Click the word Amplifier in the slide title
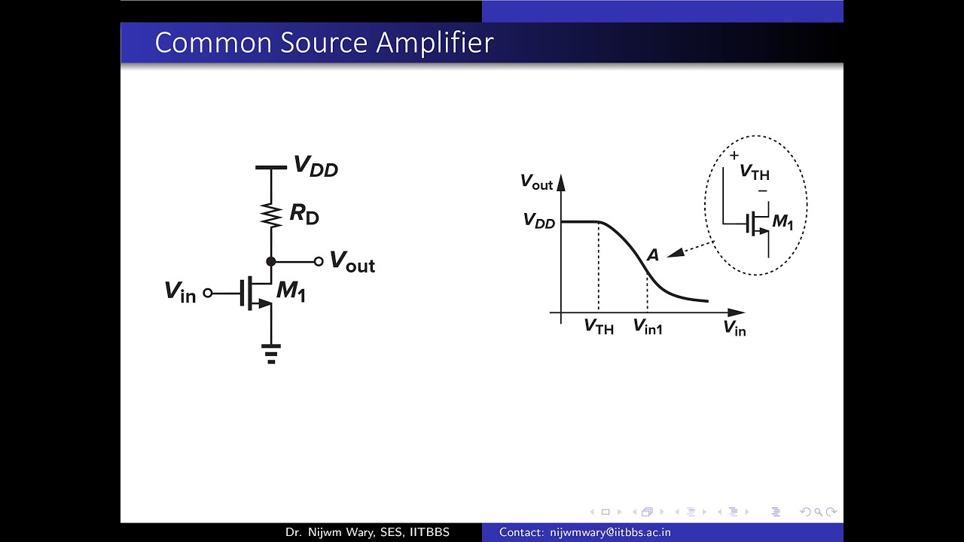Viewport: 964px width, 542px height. [435, 43]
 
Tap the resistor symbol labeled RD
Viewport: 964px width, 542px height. [271, 215]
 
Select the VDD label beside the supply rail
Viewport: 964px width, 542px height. [316, 166]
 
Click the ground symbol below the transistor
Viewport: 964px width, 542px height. [271, 354]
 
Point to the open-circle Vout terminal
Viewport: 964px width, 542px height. [319, 261]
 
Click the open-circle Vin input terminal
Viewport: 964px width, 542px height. [207, 293]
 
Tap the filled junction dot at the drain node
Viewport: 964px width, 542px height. [271, 261]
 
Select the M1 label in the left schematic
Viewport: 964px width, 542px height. [291, 291]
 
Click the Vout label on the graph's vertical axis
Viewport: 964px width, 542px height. [536, 182]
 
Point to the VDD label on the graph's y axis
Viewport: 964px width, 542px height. [539, 221]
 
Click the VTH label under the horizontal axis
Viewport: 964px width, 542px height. [599, 327]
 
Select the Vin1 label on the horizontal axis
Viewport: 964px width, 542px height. [648, 327]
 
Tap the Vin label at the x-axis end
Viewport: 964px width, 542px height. [734, 327]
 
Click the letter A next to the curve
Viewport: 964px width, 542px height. [652, 255]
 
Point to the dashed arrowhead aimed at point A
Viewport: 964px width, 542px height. [676, 253]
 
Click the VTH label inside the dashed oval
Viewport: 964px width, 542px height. [755, 172]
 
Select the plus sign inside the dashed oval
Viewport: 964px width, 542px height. [734, 155]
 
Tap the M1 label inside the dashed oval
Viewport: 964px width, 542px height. [782, 221]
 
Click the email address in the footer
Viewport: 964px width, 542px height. [610, 532]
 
